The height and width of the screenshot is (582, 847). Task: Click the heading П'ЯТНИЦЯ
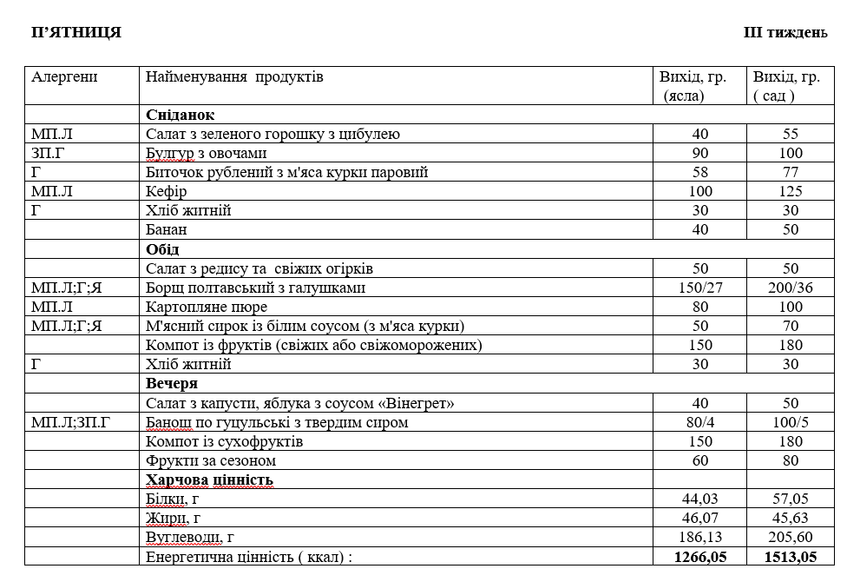[x=76, y=33]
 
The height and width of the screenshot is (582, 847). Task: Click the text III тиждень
[x=785, y=33]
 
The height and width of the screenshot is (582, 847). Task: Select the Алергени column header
[x=65, y=77]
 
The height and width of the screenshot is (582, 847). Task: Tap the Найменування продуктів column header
[x=234, y=77]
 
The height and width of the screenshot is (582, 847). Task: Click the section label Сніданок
[x=181, y=115]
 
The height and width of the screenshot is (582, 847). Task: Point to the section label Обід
[x=162, y=249]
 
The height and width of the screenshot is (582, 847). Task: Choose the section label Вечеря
[x=172, y=383]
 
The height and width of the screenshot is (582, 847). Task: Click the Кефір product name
[x=167, y=191]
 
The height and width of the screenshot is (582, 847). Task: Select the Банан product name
[x=167, y=230]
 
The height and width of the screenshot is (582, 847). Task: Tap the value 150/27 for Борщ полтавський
[x=699, y=288]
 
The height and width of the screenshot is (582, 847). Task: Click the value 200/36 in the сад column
[x=790, y=288]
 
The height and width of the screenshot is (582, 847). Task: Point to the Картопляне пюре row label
[x=207, y=307]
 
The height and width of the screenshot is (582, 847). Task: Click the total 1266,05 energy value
[x=699, y=557]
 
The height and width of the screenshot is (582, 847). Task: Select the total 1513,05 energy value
[x=790, y=557]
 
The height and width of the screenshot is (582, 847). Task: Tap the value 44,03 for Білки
[x=699, y=499]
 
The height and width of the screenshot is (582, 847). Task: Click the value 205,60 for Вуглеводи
[x=790, y=538]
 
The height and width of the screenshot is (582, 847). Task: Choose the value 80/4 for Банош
[x=699, y=423]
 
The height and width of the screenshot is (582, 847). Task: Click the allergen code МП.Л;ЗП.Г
[x=72, y=423]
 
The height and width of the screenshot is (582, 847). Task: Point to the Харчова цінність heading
[x=210, y=479]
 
